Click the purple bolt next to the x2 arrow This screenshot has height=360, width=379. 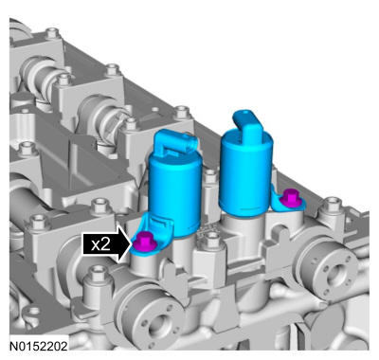(143, 242)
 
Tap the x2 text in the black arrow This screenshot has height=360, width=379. (100, 244)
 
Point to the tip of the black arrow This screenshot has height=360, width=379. (131, 243)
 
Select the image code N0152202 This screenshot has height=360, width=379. (39, 346)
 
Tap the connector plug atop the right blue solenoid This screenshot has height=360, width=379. (248, 123)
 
